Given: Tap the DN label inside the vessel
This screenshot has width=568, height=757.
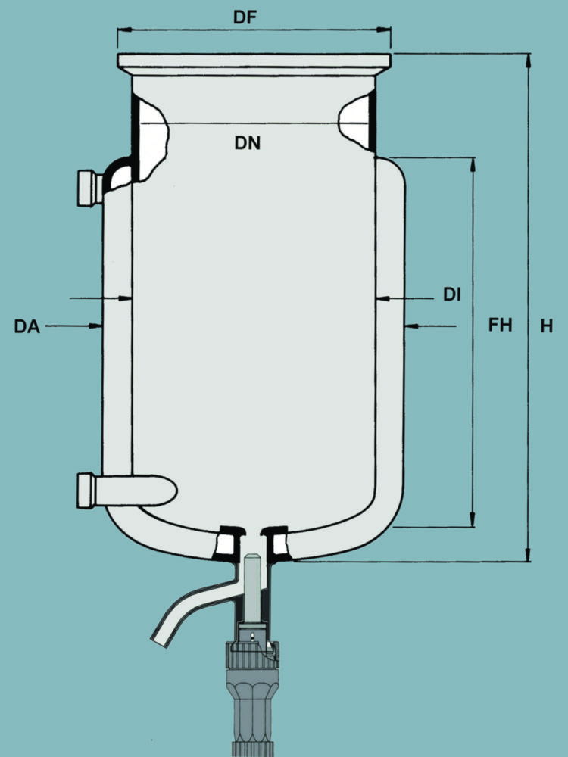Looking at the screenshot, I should [x=247, y=142].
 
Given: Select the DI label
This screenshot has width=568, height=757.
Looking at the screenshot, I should [x=452, y=295].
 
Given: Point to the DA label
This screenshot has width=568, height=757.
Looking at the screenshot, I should [x=28, y=326].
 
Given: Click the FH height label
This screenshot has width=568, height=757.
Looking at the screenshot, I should [x=500, y=326].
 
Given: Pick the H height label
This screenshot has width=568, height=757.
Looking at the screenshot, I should [x=546, y=326].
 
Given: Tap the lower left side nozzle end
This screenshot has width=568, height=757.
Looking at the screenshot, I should [x=85, y=491].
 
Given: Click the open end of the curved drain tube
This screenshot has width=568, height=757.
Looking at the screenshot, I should [x=161, y=637].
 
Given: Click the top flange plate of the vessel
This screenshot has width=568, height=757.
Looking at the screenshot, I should [x=254, y=61].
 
